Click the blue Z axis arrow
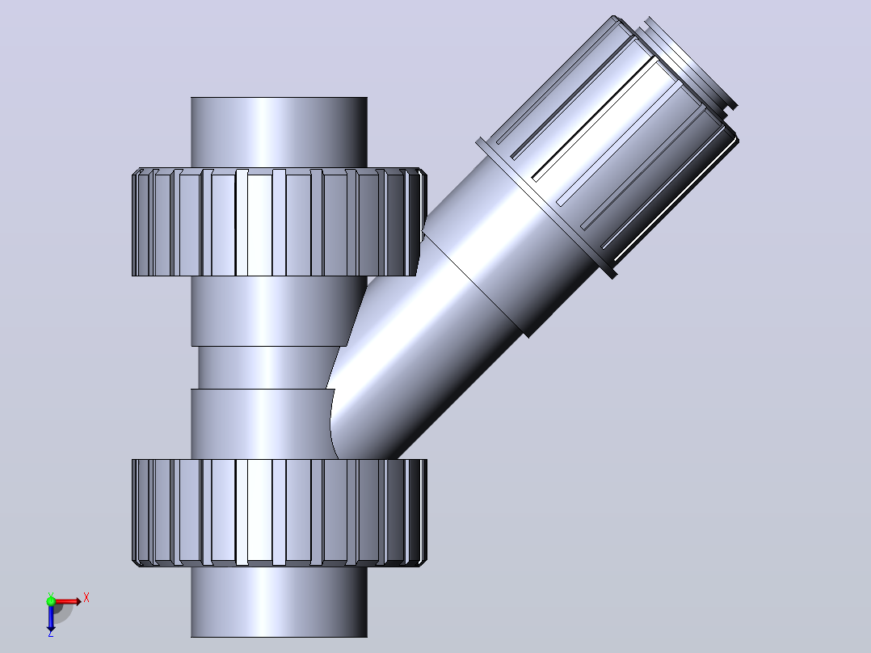pyautogui.click(x=51, y=617)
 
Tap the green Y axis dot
pyautogui.click(x=51, y=601)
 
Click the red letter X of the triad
pyautogui.click(x=86, y=598)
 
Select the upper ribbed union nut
pyautogui.click(x=280, y=222)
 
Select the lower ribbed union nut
pyautogui.click(x=280, y=513)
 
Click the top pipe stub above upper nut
pyautogui.click(x=279, y=133)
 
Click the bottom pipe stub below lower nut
pyautogui.click(x=279, y=602)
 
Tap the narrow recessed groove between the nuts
pyautogui.click(x=264, y=368)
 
